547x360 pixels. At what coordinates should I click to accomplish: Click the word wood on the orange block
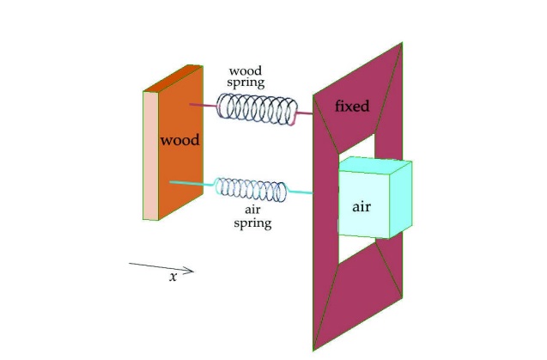click(x=179, y=140)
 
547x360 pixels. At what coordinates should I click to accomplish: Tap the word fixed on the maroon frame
click(x=352, y=106)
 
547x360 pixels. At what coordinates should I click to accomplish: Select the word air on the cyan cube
click(x=362, y=207)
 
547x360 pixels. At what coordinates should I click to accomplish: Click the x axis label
click(x=173, y=278)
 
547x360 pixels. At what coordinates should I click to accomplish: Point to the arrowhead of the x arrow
click(x=190, y=271)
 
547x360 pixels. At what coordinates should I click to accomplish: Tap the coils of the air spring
click(x=251, y=190)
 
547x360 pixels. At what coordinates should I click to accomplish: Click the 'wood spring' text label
click(x=246, y=77)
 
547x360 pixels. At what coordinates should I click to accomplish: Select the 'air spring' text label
click(x=252, y=217)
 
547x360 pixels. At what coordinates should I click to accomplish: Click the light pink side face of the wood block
click(x=151, y=156)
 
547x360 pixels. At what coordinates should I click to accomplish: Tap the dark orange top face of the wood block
click(x=173, y=78)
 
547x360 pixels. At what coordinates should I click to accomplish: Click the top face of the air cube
click(x=375, y=164)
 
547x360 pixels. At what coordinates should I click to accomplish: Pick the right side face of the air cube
click(x=401, y=199)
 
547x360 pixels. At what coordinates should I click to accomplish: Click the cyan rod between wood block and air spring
click(x=191, y=183)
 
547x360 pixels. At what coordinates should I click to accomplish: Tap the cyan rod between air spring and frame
click(x=300, y=192)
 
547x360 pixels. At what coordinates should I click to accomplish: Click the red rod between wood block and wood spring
click(x=204, y=105)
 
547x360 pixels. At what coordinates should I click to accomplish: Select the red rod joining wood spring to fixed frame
click(x=304, y=113)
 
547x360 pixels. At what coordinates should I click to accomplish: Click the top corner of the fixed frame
click(x=402, y=43)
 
